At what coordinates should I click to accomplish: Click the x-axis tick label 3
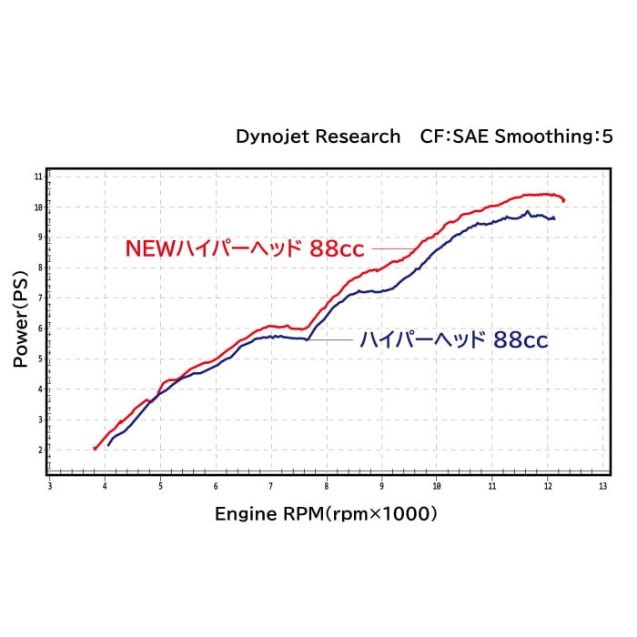click(50, 487)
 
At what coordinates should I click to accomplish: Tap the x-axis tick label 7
click(271, 487)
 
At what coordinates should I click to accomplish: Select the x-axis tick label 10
click(437, 487)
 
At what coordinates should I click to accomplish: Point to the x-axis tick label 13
click(602, 487)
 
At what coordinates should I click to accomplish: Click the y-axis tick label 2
click(39, 450)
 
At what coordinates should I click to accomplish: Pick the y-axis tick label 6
click(39, 328)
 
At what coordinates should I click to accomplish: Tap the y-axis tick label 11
click(38, 176)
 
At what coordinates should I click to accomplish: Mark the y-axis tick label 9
click(39, 237)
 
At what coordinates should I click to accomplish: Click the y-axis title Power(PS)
click(20, 317)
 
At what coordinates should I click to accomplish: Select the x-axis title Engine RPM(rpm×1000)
click(326, 514)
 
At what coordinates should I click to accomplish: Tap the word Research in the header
click(358, 136)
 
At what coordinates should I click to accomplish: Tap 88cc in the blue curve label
click(521, 340)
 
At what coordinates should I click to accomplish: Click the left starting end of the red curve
click(95, 449)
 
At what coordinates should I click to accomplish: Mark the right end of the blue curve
click(553, 218)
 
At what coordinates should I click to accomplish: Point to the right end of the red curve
click(564, 200)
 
